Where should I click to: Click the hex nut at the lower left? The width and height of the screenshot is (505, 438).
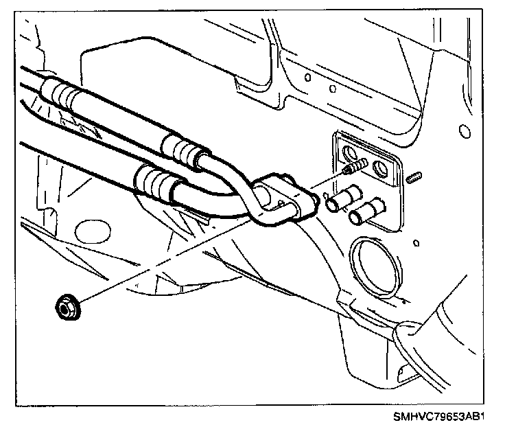point(67,308)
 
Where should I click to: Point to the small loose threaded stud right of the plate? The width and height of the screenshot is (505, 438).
point(414,180)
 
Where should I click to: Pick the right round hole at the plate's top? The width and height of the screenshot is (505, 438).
point(379,166)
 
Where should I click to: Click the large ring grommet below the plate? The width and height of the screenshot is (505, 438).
point(373,266)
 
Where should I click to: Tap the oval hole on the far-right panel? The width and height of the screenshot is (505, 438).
point(465,131)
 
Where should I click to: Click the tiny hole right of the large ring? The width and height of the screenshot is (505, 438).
point(416,243)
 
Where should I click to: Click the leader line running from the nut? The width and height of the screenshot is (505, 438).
point(172,254)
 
